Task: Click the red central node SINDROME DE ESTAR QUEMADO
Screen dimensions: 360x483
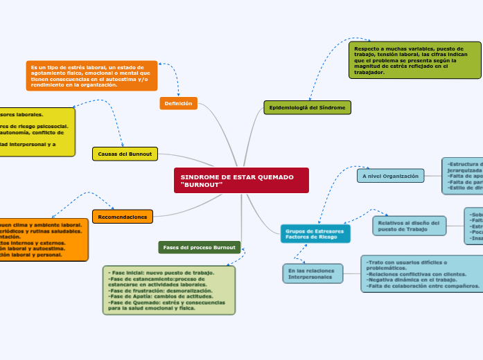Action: [x=240, y=180]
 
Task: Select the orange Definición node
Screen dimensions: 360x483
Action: [x=178, y=103]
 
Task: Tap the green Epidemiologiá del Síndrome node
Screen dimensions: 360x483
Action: [x=307, y=107]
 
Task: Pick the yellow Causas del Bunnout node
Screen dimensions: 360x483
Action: [x=125, y=153]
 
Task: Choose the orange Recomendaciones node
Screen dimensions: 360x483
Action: [x=122, y=217]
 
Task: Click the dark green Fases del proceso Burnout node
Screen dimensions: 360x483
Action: [x=199, y=247]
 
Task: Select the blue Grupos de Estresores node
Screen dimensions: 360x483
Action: [x=315, y=234]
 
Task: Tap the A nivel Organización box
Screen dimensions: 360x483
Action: [x=390, y=176]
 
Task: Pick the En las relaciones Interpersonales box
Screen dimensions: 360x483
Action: [x=311, y=273]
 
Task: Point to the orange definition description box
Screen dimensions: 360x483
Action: [x=91, y=75]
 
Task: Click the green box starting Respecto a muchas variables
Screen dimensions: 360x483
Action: [x=414, y=60]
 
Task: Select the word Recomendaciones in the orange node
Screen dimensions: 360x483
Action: [x=122, y=217]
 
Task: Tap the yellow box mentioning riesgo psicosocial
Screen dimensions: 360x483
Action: [x=35, y=132]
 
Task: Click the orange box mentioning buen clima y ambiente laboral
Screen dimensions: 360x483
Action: [x=42, y=240]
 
